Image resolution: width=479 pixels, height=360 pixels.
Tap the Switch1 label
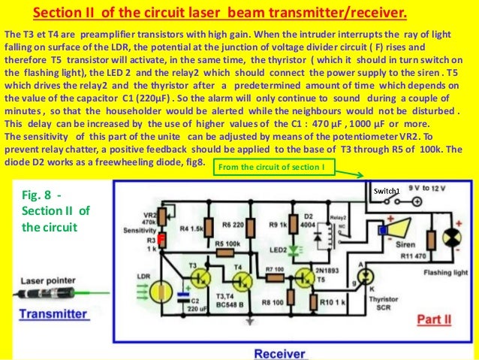[x=387, y=191]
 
